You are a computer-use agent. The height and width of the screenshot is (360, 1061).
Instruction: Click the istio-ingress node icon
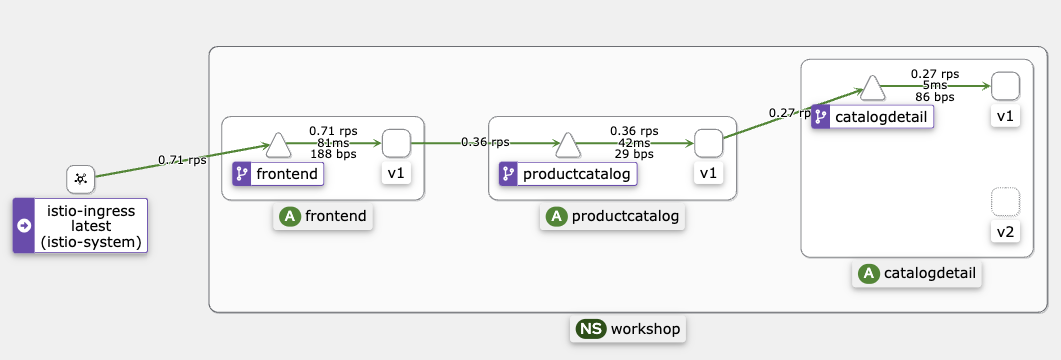tap(80, 180)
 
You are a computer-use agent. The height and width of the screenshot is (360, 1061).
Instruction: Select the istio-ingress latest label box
tap(80, 225)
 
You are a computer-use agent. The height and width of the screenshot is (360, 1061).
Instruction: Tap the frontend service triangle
tap(278, 146)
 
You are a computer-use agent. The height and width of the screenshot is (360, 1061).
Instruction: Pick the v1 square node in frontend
tap(396, 144)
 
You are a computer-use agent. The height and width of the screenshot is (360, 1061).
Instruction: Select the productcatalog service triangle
tap(568, 146)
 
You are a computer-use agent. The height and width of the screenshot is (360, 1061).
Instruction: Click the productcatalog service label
tap(567, 174)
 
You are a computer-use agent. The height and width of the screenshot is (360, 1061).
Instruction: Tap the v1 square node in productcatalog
tap(708, 144)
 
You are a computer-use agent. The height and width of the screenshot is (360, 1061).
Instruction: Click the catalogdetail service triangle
tap(872, 89)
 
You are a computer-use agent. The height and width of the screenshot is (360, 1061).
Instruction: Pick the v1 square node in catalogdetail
tap(1005, 87)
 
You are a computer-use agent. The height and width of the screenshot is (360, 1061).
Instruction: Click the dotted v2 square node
tap(1005, 203)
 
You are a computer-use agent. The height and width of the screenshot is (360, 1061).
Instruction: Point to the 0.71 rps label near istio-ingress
tap(182, 160)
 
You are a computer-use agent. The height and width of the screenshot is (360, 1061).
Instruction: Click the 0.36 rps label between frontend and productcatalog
tap(485, 143)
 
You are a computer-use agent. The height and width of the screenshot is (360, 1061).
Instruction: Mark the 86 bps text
tap(934, 98)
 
